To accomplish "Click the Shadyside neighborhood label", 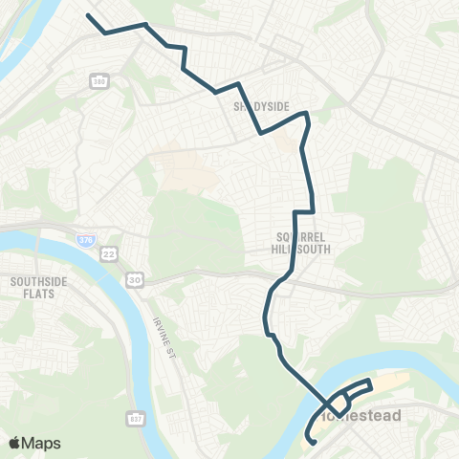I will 254,107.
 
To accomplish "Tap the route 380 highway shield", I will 99,80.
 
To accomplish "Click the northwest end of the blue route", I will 88,15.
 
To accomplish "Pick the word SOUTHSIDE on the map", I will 35,281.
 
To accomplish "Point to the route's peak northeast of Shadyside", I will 306,114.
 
